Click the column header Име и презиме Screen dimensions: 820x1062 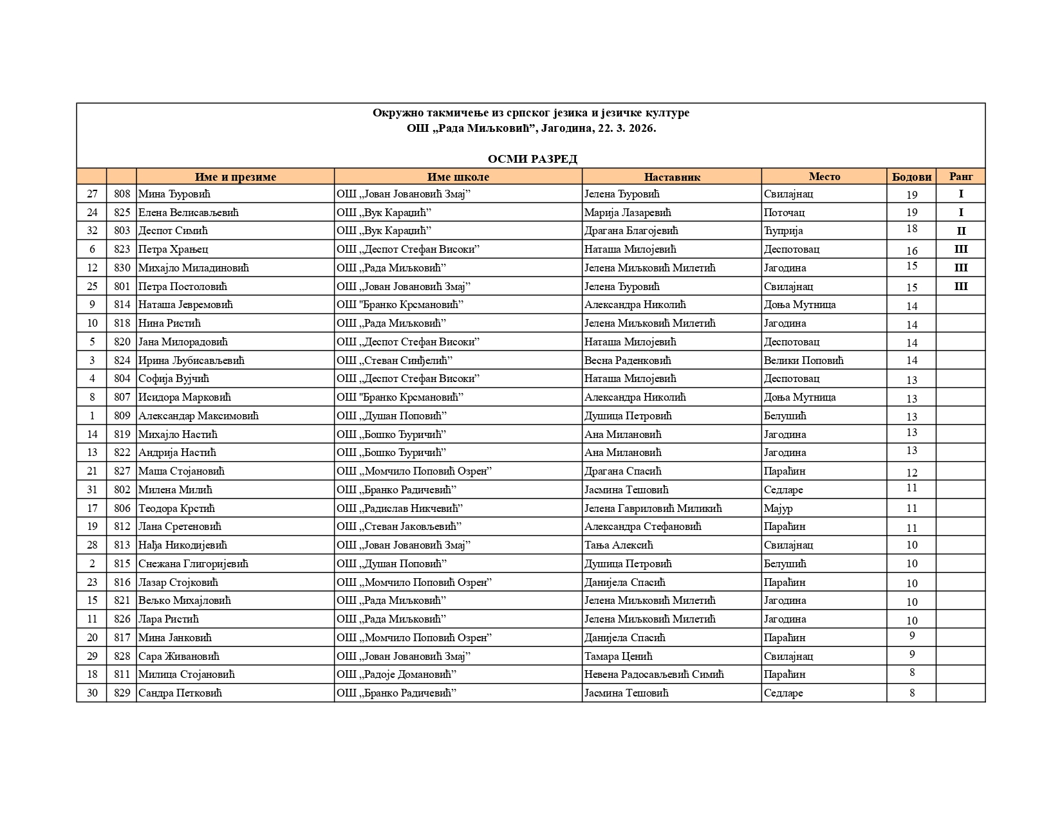click(235, 177)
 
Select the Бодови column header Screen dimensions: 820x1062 click(911, 177)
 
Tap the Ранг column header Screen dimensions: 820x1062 click(960, 176)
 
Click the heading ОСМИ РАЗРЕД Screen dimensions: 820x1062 click(532, 159)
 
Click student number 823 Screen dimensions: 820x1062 click(122, 250)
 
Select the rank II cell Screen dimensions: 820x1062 click(960, 231)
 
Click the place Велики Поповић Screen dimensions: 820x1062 click(803, 361)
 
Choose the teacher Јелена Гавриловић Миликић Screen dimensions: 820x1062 click(653, 509)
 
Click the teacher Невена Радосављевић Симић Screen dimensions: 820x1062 click(654, 675)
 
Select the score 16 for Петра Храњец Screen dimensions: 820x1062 click(911, 251)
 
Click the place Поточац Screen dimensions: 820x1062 click(784, 213)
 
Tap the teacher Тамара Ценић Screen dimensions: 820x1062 click(618, 657)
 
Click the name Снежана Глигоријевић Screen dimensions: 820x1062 click(193, 564)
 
